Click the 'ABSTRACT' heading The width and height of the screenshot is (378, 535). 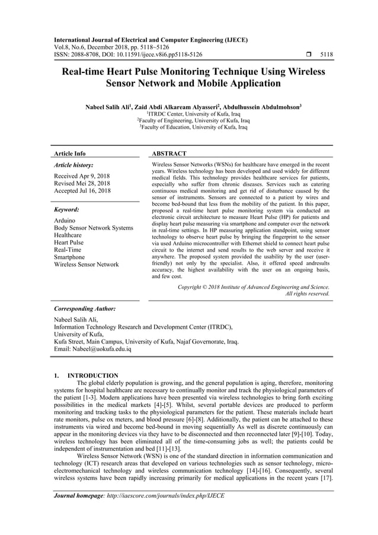[169, 154]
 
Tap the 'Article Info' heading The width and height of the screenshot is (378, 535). [69, 154]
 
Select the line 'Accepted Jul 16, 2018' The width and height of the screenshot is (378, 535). [82, 191]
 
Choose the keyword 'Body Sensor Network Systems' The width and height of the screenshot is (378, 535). [94, 228]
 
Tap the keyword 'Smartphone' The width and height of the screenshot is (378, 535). [69, 257]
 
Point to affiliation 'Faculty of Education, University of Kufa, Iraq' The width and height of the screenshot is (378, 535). [193, 126]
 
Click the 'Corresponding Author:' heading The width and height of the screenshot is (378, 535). [84, 309]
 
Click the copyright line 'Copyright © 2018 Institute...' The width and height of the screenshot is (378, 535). [254, 286]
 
